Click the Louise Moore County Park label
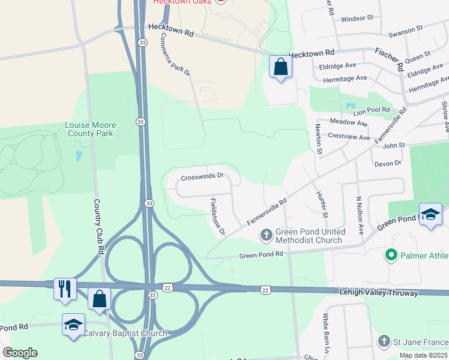click(x=91, y=129)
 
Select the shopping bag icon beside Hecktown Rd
click(x=280, y=67)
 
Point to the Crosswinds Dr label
click(x=202, y=176)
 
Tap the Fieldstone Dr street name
click(x=217, y=217)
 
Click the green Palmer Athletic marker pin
click(x=391, y=256)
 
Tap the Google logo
click(x=20, y=352)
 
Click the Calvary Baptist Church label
click(x=125, y=334)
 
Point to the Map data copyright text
click(x=423, y=355)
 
